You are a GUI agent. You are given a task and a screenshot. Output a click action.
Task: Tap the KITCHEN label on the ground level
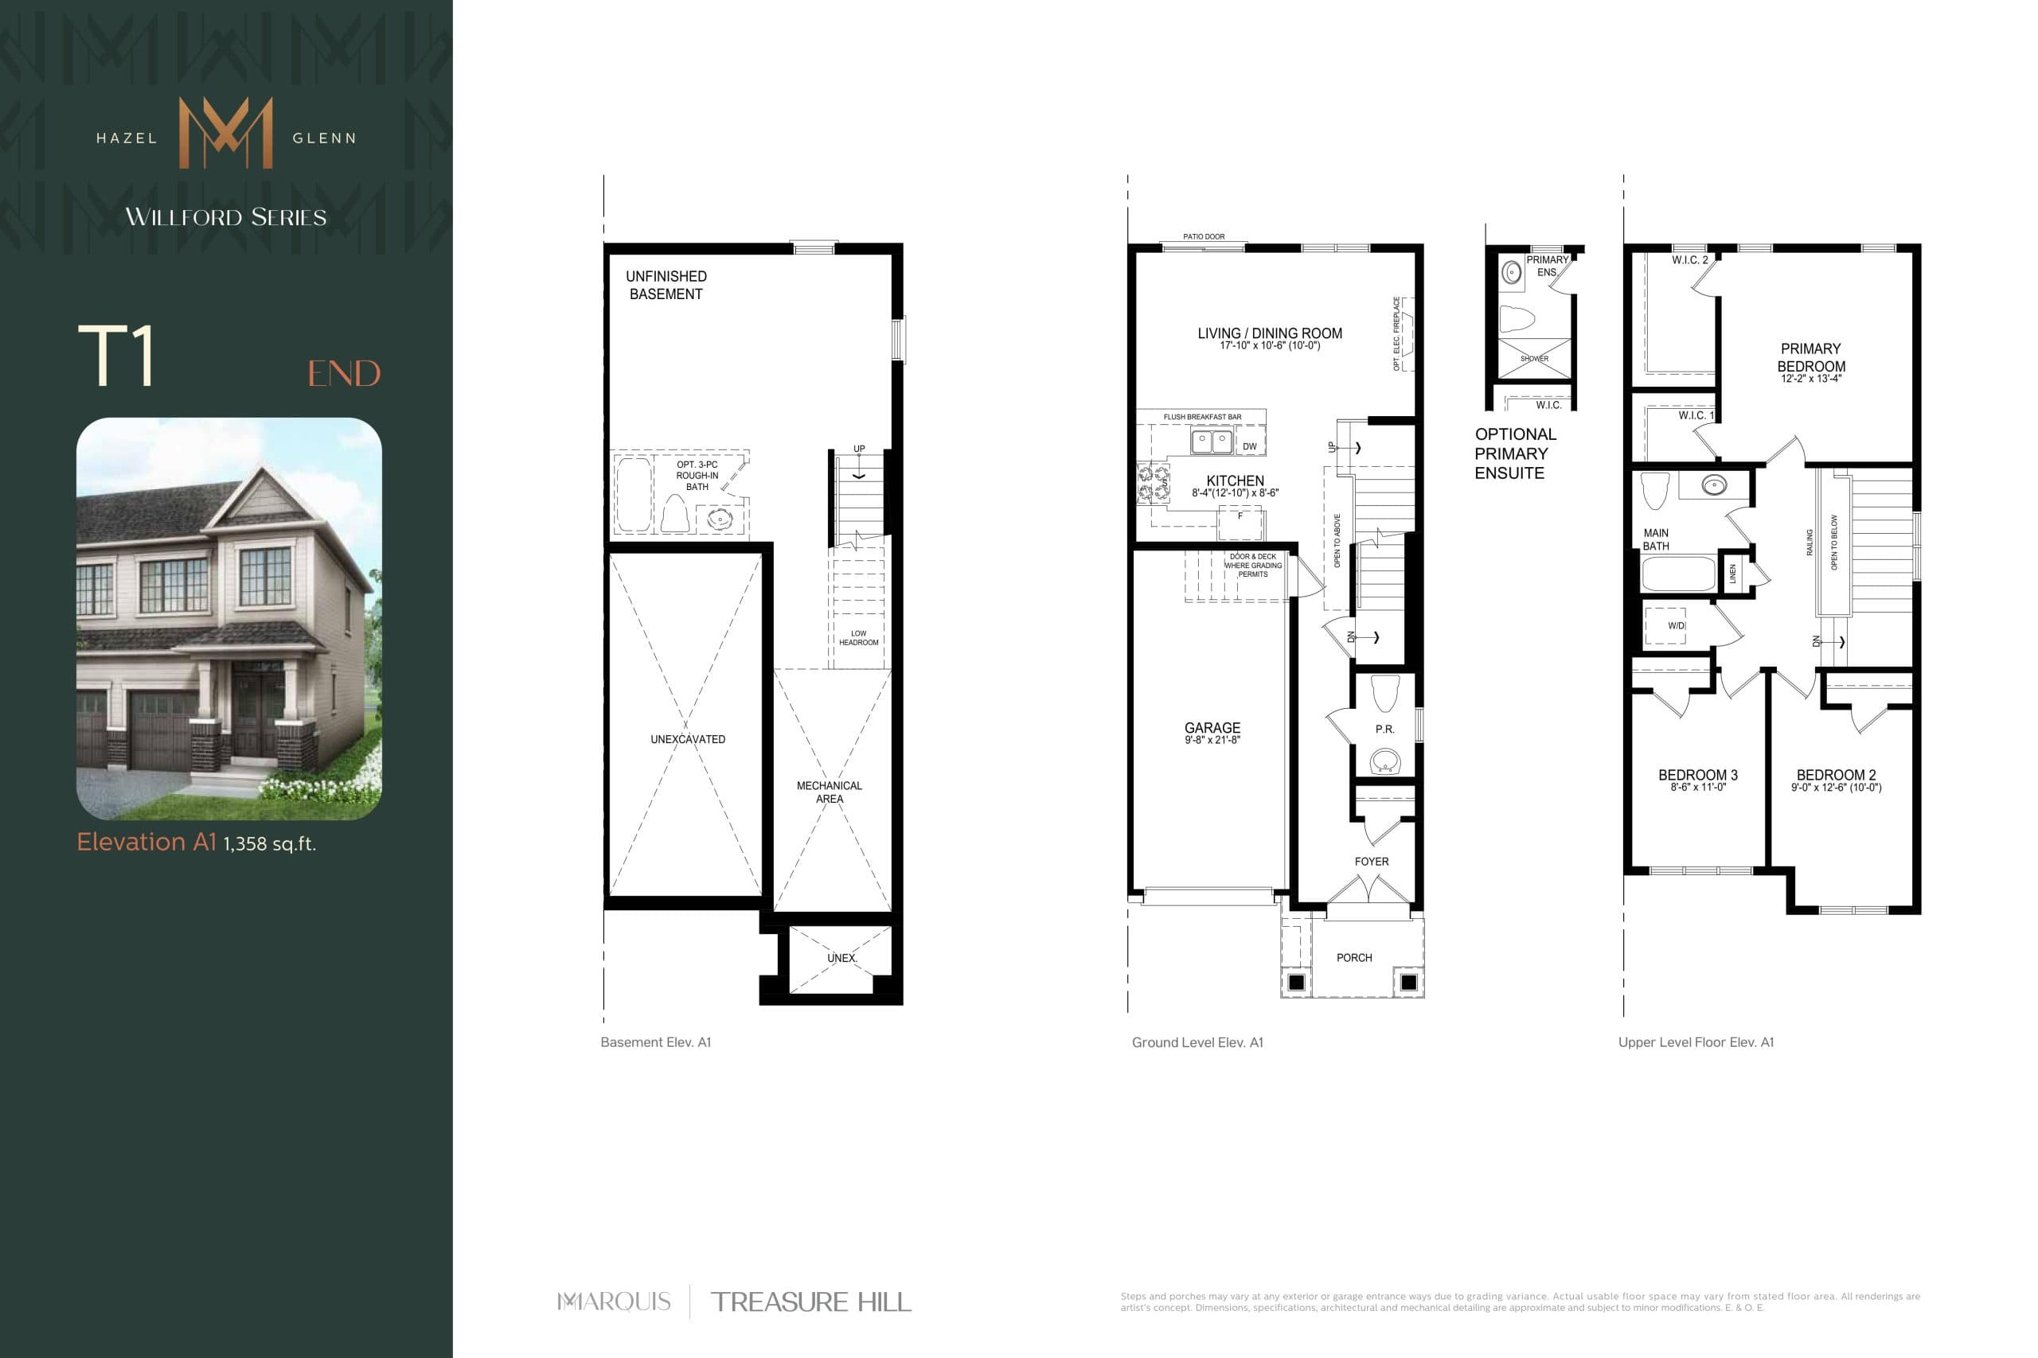click(1235, 481)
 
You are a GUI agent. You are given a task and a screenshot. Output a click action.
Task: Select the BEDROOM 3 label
click(1697, 775)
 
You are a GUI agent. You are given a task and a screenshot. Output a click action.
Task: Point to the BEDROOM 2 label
click(1836, 775)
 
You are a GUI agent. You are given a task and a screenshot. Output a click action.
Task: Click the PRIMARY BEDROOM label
click(1811, 358)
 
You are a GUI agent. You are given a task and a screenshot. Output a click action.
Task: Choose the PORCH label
click(1353, 958)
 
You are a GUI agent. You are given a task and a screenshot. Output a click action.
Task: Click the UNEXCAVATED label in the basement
click(688, 740)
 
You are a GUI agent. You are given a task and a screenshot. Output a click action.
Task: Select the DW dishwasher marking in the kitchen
click(1250, 447)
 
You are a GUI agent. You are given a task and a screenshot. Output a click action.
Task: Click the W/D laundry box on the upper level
click(1665, 625)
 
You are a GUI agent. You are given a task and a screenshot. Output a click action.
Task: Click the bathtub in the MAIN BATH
click(1678, 574)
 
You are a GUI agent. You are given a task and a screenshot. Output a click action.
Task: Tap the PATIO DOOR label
click(1204, 236)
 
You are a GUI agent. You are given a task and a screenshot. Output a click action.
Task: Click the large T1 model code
click(117, 355)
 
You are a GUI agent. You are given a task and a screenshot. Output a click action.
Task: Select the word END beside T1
click(344, 374)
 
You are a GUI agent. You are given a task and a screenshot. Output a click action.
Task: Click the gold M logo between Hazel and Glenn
click(225, 133)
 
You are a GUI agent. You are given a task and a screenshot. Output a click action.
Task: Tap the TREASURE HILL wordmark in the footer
click(810, 1302)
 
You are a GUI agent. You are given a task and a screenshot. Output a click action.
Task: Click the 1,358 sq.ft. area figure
click(270, 844)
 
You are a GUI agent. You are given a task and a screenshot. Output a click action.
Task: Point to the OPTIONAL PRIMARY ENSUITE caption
click(1516, 453)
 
